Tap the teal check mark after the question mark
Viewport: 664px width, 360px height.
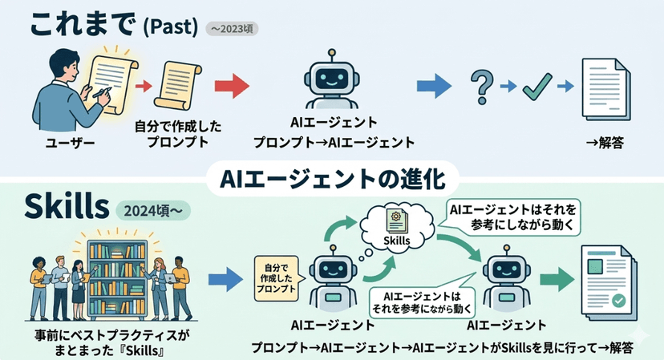point(533,87)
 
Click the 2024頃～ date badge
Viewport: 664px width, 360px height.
point(155,210)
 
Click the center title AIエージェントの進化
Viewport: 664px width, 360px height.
point(332,177)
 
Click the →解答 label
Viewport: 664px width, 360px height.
point(605,144)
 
